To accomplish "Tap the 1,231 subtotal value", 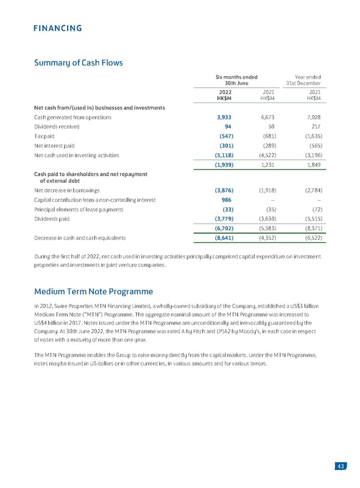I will coord(268,164).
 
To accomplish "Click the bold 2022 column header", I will coord(226,92).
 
